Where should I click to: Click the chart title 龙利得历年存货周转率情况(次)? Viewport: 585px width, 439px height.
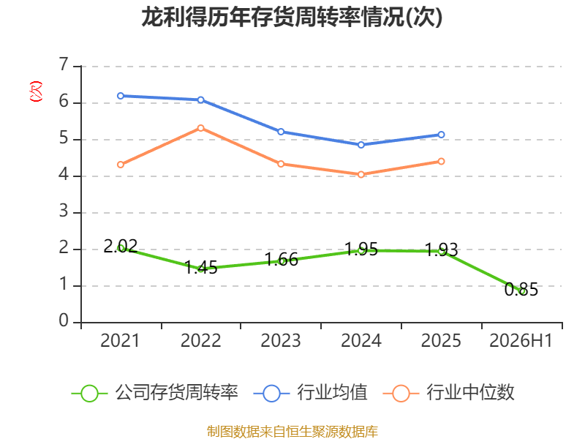tap(292, 17)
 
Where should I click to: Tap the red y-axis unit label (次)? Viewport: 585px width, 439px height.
tap(36, 91)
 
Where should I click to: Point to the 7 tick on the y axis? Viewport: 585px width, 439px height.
tap(64, 64)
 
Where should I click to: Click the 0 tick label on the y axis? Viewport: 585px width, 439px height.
tap(64, 320)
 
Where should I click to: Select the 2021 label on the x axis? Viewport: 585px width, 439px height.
tap(120, 340)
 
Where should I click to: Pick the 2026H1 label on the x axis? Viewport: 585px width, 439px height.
tap(521, 340)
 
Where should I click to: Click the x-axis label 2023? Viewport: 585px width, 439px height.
tap(281, 340)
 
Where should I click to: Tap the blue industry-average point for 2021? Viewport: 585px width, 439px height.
tap(121, 96)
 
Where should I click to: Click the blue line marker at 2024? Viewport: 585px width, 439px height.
tap(361, 145)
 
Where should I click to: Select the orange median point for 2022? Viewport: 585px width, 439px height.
tap(200, 128)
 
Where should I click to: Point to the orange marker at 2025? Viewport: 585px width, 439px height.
tap(441, 161)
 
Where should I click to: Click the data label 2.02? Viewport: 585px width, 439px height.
tap(121, 246)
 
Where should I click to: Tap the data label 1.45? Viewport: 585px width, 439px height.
tap(200, 267)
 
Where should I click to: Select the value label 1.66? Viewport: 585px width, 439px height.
tap(282, 260)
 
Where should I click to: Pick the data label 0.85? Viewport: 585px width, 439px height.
tap(521, 289)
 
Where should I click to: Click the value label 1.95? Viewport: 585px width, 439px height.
tap(361, 249)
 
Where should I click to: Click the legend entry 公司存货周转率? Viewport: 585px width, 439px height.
tap(155, 393)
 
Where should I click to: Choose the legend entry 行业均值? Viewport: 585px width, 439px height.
tap(310, 393)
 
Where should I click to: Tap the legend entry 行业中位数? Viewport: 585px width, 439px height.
tap(449, 393)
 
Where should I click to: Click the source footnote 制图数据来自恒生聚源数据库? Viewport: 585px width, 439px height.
tap(292, 431)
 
